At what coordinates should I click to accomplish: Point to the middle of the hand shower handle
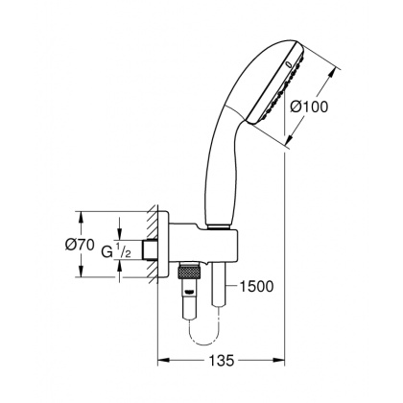pyautogui.click(x=216, y=168)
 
